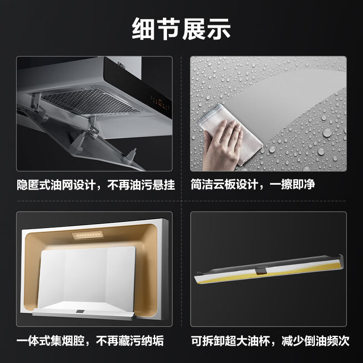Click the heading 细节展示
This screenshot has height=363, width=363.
(x=181, y=29)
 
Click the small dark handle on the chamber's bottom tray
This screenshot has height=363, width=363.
(x=80, y=312)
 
